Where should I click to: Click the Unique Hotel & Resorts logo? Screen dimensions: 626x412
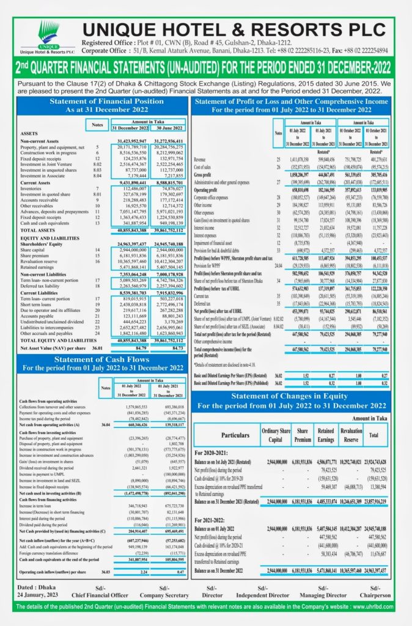(x=48, y=37)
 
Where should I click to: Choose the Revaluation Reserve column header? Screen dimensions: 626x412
(x=351, y=434)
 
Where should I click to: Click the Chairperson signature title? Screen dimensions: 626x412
(x=375, y=595)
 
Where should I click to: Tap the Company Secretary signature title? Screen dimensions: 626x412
(x=163, y=595)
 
